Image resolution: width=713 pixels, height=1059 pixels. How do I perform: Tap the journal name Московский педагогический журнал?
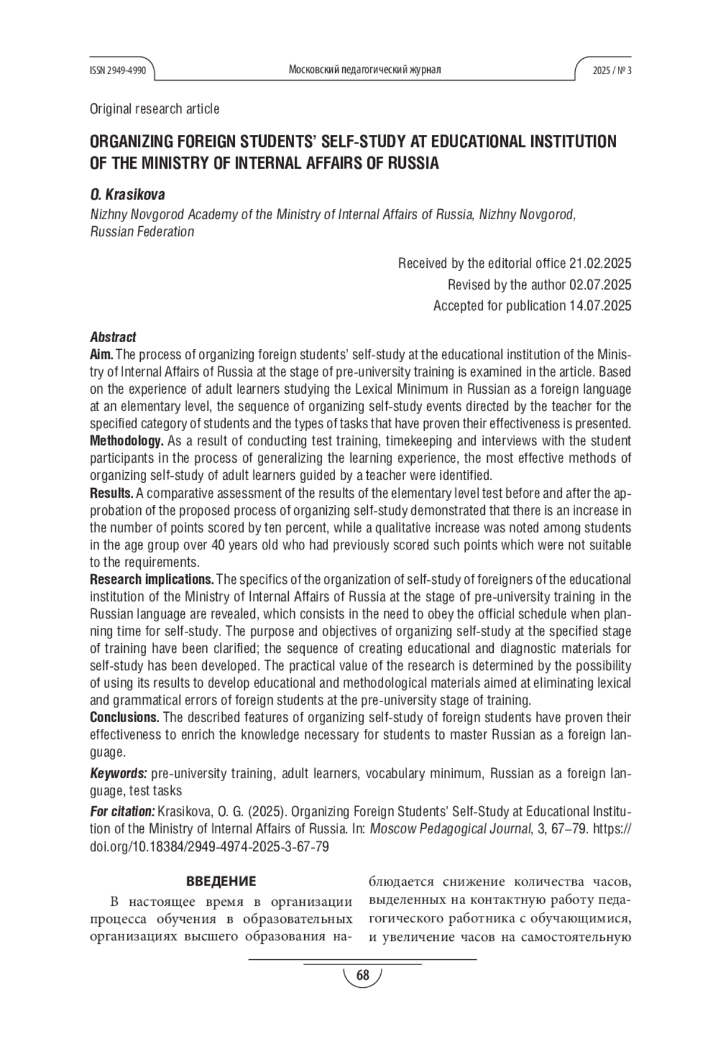364,70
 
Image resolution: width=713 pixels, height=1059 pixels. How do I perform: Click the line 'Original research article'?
154,109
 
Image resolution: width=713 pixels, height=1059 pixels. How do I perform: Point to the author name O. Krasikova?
127,194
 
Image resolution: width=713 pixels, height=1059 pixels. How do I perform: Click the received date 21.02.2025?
600,263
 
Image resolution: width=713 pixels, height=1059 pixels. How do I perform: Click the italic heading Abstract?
113,337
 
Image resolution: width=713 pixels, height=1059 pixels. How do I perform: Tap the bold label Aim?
101,355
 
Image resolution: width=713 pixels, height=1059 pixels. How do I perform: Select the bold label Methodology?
127,441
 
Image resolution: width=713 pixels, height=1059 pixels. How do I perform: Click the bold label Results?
112,493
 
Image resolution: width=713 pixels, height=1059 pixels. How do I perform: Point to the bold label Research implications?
152,579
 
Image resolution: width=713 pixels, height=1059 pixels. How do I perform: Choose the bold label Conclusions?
124,717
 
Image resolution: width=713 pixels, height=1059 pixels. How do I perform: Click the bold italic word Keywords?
118,773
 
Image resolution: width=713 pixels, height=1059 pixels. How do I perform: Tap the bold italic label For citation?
122,812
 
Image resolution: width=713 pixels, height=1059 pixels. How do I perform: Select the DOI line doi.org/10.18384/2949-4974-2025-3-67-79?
209,846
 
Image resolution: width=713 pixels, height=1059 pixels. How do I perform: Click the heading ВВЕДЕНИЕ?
221,881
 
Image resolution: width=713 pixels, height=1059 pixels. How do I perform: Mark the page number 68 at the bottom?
362,975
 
